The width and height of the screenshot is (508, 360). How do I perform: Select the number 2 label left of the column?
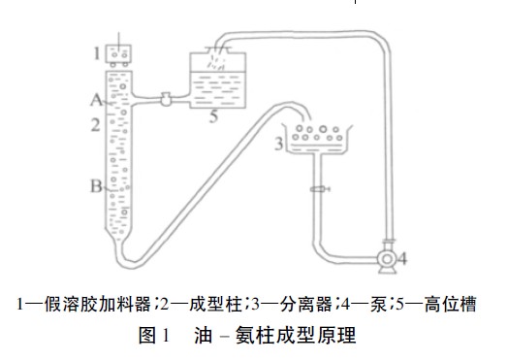(96, 124)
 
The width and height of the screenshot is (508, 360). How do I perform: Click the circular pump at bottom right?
(388, 259)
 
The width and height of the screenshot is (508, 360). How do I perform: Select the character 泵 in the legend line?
(366, 303)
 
